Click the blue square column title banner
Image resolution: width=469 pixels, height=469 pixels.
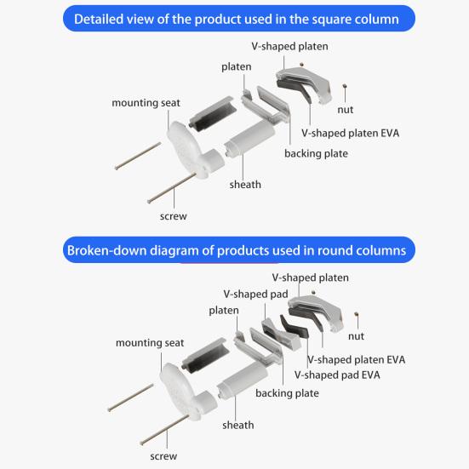239,19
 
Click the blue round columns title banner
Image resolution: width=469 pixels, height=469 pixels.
239,250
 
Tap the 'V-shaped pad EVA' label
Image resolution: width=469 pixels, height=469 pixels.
337,375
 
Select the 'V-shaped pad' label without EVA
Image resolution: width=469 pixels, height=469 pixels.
255,295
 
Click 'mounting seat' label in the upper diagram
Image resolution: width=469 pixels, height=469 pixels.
146,103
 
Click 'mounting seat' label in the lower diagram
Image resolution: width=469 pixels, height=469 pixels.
150,343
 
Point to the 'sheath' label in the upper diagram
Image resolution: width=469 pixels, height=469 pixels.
245,185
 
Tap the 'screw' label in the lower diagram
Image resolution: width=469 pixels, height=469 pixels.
163,456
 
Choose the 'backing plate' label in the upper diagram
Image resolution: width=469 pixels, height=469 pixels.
316,154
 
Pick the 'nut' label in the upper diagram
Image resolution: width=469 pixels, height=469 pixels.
346,110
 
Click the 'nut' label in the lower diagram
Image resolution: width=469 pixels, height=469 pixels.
356,336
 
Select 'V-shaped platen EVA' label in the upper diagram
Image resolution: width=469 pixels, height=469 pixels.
350,133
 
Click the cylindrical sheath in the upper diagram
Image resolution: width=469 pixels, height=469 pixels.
249,139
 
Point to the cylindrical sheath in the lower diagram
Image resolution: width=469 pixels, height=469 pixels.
242,380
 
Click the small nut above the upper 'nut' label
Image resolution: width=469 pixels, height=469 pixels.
345,86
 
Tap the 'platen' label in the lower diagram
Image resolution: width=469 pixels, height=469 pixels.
224,311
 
